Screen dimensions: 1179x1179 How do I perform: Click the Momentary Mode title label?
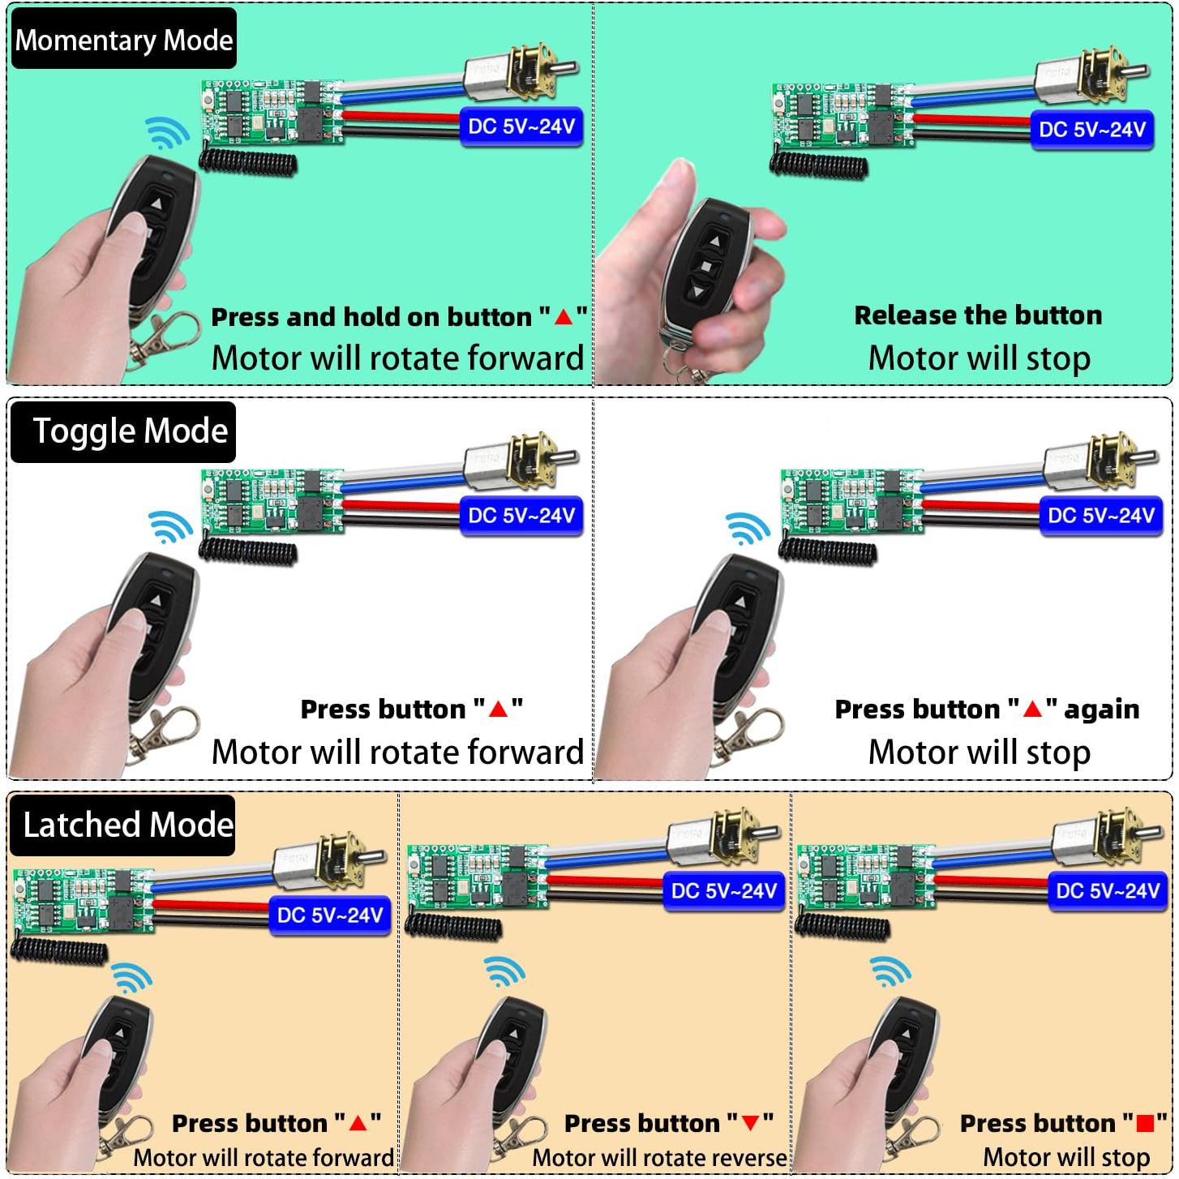[x=123, y=39]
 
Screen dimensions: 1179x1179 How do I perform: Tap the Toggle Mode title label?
[x=123, y=431]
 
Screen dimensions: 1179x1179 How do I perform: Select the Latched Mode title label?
[x=122, y=825]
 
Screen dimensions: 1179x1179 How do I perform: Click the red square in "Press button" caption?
[x=1144, y=1123]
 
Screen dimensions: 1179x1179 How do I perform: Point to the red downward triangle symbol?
[x=750, y=1123]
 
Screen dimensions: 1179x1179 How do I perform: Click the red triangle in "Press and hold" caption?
[x=563, y=317]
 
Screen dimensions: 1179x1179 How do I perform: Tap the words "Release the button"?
[x=978, y=315]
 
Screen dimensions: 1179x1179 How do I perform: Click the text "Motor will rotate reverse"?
[x=659, y=1157]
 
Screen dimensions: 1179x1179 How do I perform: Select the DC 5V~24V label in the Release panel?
[x=1091, y=130]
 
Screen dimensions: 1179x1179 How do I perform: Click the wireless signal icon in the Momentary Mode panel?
[x=166, y=133]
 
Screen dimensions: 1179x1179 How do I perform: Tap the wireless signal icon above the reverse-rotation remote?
[x=504, y=971]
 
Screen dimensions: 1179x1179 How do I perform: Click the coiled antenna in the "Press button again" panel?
[x=827, y=550]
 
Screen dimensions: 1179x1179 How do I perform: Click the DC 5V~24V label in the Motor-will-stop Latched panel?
[x=1108, y=891]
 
